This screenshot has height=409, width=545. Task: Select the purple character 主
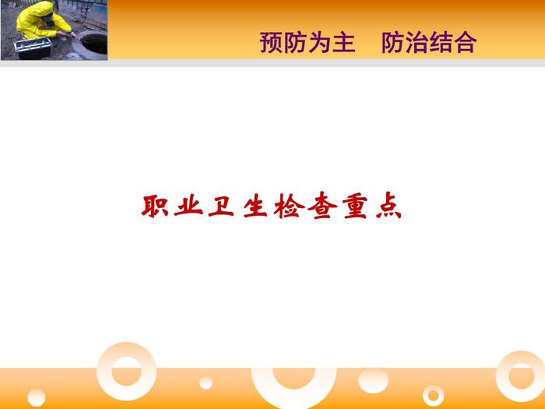(x=344, y=43)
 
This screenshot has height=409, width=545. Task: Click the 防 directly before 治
(x=393, y=43)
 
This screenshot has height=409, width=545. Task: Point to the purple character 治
(x=417, y=43)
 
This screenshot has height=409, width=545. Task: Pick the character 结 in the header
(x=441, y=43)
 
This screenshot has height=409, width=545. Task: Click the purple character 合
(x=466, y=43)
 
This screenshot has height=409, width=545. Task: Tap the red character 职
(x=155, y=206)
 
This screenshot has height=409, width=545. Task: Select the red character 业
(x=188, y=206)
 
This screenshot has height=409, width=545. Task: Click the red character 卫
(x=221, y=206)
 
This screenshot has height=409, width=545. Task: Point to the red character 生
(x=255, y=206)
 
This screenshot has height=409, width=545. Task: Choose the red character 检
(x=289, y=206)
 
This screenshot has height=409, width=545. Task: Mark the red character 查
(x=322, y=206)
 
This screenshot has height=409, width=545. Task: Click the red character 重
(x=355, y=206)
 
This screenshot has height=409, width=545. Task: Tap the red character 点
(x=389, y=206)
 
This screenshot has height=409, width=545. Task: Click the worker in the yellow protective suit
(x=44, y=20)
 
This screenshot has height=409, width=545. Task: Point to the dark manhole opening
(x=94, y=44)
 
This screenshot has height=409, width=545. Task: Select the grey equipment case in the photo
(x=33, y=48)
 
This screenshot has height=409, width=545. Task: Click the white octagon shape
(x=36, y=397)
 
